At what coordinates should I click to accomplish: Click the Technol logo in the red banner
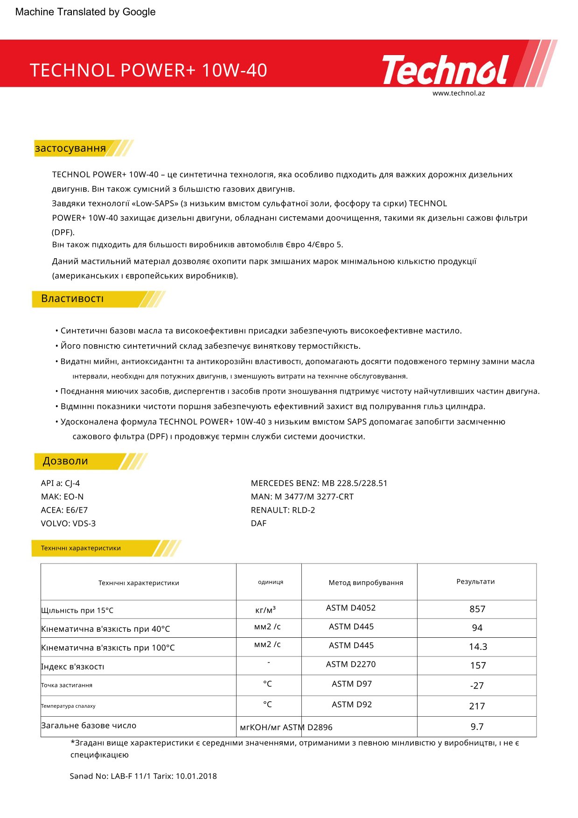coord(446,70)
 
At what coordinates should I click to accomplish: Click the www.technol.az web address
coord(459,93)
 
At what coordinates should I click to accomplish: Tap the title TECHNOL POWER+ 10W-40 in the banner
coord(148,71)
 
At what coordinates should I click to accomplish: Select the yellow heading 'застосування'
coord(70,148)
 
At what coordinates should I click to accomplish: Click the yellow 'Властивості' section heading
coord(72,299)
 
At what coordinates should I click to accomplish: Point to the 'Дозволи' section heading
coord(65,461)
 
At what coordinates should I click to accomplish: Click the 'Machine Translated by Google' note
coord(85,12)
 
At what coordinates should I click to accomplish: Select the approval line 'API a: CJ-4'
coord(60,483)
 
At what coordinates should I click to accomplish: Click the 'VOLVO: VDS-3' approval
coord(68,523)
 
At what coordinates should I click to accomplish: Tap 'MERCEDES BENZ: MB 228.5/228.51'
coord(319,483)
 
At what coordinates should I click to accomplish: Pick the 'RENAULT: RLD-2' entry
coord(283,510)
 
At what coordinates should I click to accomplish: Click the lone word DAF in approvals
coord(258,523)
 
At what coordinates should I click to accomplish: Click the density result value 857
coord(477,609)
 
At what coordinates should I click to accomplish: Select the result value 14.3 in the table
coord(478,647)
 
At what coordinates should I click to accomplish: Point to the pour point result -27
coord(477,686)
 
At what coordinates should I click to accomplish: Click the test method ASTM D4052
coord(351,608)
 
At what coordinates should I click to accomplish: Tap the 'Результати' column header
coord(475,582)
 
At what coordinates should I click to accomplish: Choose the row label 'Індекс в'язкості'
coord(73,667)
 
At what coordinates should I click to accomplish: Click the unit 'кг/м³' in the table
coord(265,610)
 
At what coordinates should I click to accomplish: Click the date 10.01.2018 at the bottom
coord(196,776)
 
